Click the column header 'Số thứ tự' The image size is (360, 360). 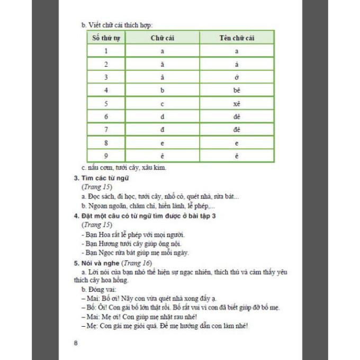106,38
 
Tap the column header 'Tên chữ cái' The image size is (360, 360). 237,38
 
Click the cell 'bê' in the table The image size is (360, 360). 237,90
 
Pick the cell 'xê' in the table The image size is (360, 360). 237,103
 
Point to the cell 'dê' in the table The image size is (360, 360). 237,116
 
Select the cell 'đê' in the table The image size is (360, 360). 237,130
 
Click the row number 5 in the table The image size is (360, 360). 106,103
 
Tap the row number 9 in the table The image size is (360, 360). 106,156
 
